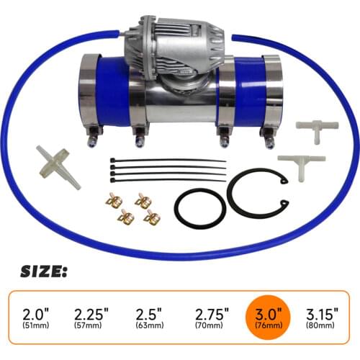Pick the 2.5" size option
148,315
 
